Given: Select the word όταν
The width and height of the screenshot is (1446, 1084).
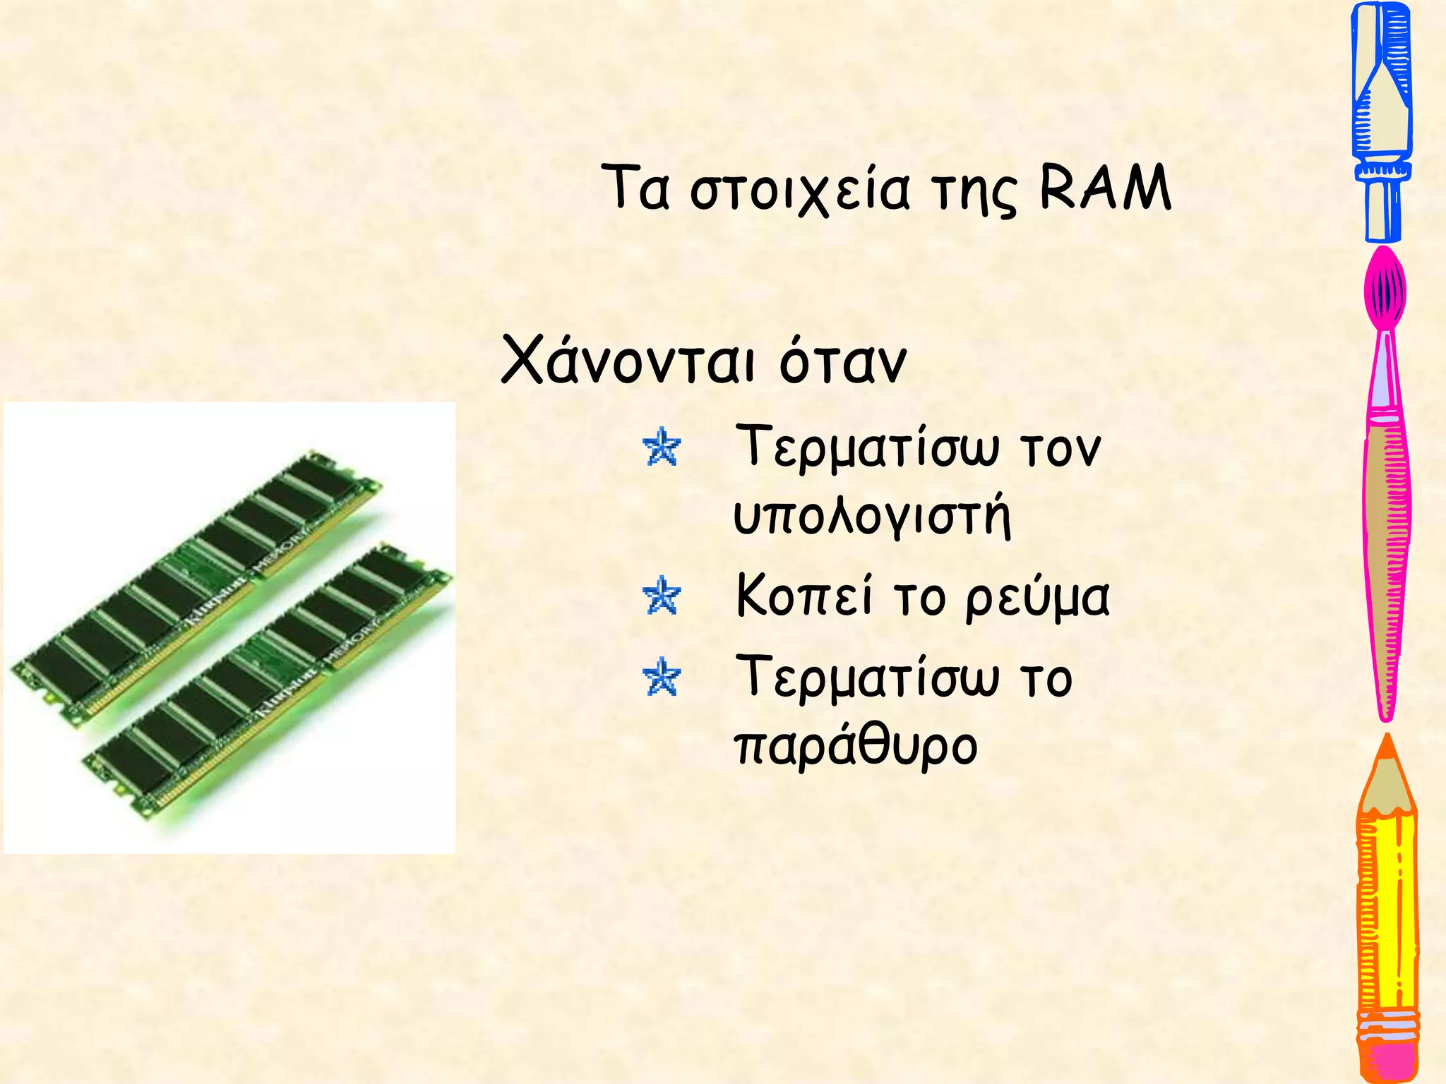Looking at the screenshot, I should click(842, 361).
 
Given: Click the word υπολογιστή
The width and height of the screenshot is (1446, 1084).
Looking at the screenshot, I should click(873, 517).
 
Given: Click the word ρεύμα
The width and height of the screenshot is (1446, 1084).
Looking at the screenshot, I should click(1037, 598).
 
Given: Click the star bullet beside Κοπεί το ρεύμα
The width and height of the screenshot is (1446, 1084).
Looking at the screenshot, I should click(662, 596).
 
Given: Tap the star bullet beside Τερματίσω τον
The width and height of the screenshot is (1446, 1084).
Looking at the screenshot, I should click(662, 447).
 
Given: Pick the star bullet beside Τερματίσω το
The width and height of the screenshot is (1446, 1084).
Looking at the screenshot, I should click(662, 677).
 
